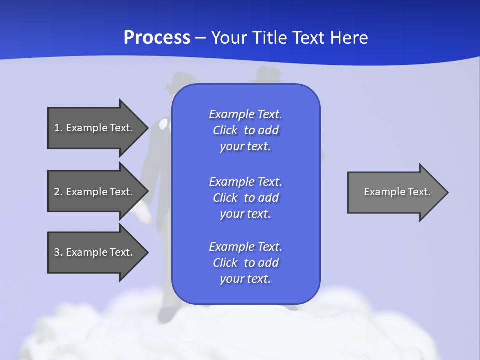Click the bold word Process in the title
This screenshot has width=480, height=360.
tap(157, 38)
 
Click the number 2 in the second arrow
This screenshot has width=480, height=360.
tap(57, 192)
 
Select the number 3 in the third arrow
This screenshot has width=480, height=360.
tap(57, 252)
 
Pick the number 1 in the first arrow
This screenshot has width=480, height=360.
tap(57, 128)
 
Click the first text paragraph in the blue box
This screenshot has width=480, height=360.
tap(245, 130)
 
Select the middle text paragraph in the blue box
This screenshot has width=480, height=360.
tap(245, 198)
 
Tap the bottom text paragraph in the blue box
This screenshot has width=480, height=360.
tap(245, 263)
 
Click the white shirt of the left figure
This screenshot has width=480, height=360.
tap(163, 125)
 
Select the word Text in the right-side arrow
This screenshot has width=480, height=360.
tap(419, 192)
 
